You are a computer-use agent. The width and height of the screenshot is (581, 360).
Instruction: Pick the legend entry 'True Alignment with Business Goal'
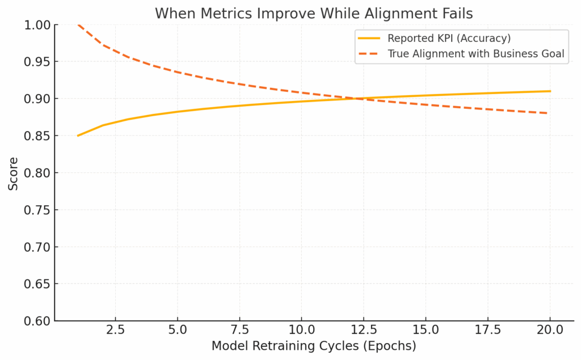[476, 54]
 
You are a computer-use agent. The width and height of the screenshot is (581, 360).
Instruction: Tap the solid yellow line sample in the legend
[370, 39]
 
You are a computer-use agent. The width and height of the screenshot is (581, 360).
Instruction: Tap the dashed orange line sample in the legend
[370, 54]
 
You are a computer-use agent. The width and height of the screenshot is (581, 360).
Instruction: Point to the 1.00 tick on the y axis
[37, 25]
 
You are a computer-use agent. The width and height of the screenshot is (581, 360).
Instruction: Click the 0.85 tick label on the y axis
[37, 136]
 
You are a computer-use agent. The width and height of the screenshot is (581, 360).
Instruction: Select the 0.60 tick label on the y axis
[37, 321]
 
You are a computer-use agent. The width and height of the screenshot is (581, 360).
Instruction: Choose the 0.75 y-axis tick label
[37, 210]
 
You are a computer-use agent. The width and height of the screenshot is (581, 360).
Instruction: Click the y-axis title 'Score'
[12, 173]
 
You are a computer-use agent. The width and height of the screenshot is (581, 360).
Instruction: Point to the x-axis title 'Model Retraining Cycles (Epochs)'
[314, 346]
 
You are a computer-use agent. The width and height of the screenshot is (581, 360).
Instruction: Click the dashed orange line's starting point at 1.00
[78, 25]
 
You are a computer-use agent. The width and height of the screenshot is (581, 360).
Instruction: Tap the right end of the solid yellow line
[550, 91]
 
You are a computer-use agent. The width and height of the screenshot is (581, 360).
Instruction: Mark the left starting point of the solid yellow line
[78, 136]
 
